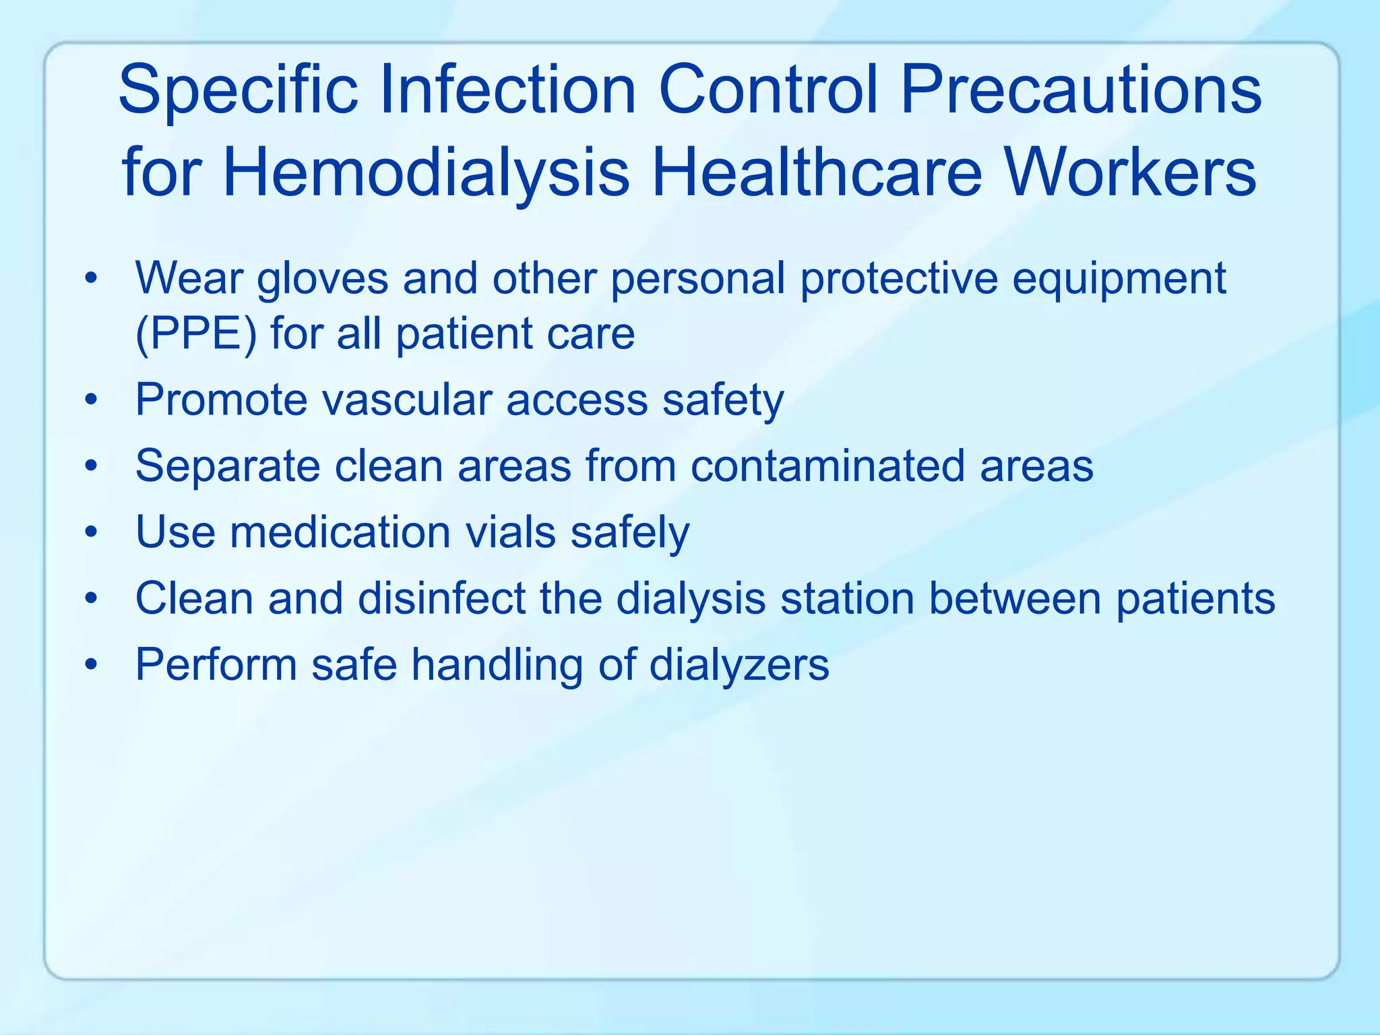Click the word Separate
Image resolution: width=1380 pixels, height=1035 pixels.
point(228,466)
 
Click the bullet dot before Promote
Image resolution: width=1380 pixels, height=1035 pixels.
point(92,402)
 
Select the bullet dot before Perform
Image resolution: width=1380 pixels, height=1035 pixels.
point(92,666)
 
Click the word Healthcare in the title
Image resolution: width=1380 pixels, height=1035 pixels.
point(816,172)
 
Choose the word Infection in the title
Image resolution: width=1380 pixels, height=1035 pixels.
point(508,90)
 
